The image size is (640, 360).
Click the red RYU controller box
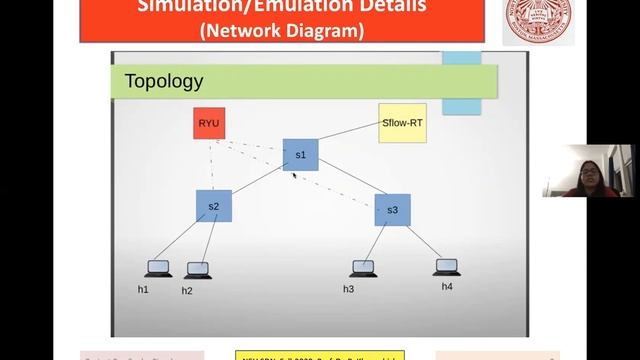[209, 123]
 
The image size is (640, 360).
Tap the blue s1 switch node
[300, 155]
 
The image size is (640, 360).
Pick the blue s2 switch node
[213, 206]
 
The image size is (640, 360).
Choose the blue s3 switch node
[392, 210]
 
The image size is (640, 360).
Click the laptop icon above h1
[158, 268]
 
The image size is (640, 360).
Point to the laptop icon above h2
[198, 270]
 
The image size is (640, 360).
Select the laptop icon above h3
[363, 268]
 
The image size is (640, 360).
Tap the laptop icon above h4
[446, 267]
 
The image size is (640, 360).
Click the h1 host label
[143, 289]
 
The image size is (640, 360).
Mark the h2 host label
[187, 291]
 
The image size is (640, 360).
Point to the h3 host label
[348, 289]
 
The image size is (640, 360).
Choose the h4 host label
[447, 287]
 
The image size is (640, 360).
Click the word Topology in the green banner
[163, 81]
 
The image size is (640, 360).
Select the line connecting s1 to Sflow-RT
[349, 137]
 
